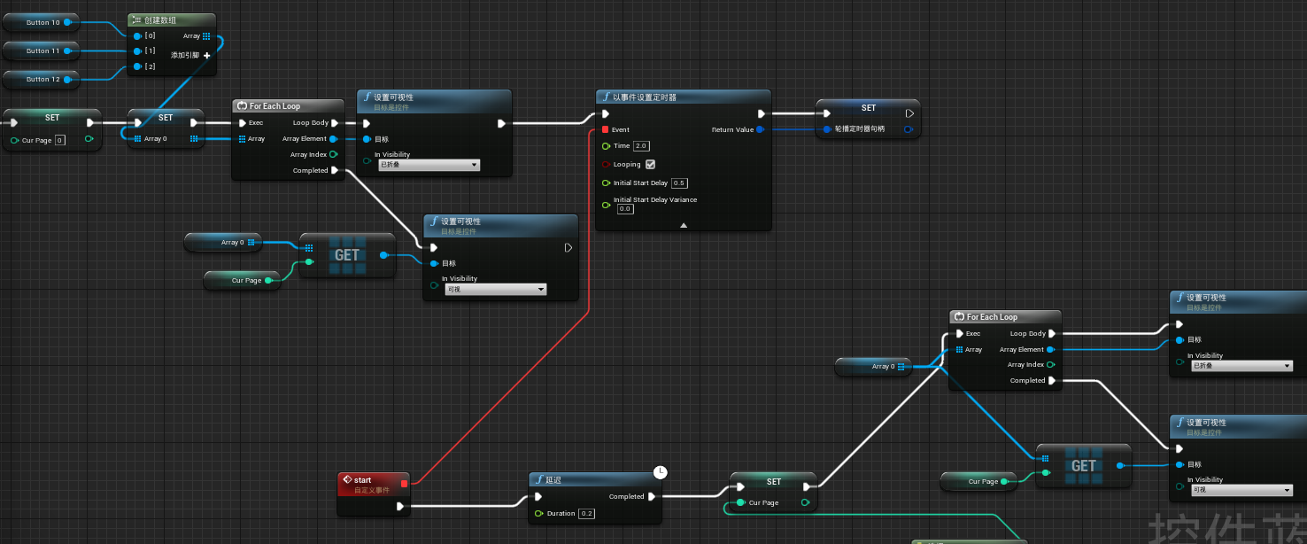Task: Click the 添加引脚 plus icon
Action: [x=207, y=56]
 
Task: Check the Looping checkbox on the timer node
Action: [x=651, y=165]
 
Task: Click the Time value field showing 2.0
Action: [x=641, y=146]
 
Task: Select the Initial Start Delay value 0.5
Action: [x=679, y=183]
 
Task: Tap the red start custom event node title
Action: [x=363, y=480]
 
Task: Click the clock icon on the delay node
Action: [x=660, y=472]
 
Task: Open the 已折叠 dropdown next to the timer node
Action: [x=429, y=165]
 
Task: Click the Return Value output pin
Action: [x=760, y=129]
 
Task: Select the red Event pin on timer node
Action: [x=606, y=129]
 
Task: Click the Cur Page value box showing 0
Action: [x=59, y=140]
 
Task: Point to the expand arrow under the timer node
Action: [x=684, y=225]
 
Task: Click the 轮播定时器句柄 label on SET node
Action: [x=859, y=129]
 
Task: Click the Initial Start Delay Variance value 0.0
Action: [x=625, y=209]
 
